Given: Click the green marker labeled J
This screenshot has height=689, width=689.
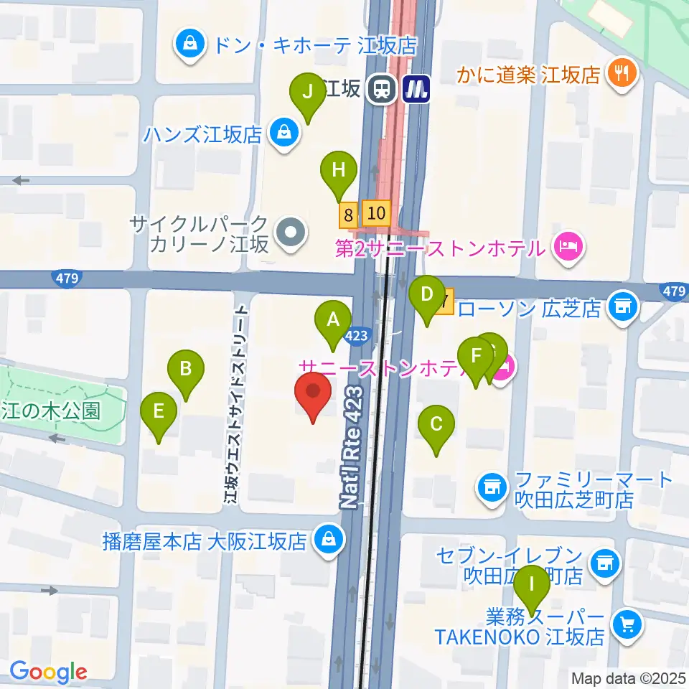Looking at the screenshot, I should (x=308, y=93).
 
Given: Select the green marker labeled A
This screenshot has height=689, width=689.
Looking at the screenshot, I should (x=333, y=319).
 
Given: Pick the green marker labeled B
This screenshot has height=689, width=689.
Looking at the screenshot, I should (x=185, y=370).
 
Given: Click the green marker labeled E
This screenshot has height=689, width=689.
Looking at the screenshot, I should (x=159, y=412).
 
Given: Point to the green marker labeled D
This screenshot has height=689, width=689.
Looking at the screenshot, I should (x=427, y=294).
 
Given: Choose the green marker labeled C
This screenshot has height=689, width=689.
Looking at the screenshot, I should (x=436, y=424).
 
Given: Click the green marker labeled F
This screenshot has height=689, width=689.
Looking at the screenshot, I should (x=475, y=356).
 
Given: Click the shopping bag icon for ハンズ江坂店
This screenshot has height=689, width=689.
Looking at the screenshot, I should (x=285, y=132).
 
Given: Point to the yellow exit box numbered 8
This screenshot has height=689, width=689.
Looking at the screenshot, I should (x=349, y=214).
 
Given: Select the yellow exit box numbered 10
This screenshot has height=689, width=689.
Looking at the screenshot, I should (x=376, y=212).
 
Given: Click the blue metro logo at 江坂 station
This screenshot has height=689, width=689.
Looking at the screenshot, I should (x=414, y=90).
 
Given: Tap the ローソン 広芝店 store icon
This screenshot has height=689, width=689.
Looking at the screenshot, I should (x=622, y=307).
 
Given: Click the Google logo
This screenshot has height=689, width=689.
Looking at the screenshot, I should (x=48, y=672).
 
